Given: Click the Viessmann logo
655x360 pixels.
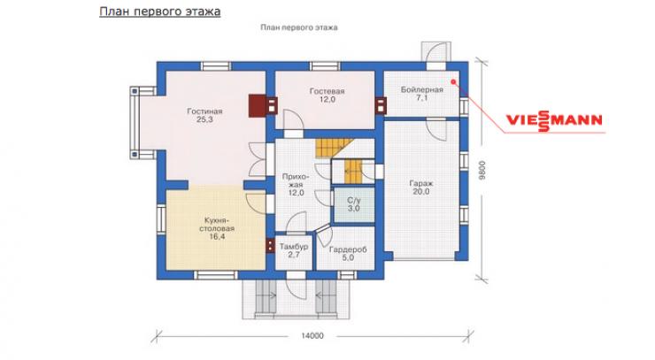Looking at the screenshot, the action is pos(554,120).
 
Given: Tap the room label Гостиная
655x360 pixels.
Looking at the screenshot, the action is pos(204,111).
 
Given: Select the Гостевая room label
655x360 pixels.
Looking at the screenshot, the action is pos(327,91).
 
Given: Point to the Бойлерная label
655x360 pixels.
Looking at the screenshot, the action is pos(422,90).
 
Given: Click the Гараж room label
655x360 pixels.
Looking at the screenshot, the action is pos(421,183).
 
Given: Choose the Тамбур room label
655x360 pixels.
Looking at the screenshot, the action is pos(294,247).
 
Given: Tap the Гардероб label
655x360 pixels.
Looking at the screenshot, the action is pos(348,249).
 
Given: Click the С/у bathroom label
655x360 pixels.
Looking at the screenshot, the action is pos(353,200).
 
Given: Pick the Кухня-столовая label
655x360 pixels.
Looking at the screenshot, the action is pos(216,225).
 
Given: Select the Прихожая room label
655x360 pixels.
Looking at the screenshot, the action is pos(296,180).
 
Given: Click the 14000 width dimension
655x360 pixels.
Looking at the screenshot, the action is pos(312,336).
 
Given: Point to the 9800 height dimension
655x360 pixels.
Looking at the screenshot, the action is pos(483,171).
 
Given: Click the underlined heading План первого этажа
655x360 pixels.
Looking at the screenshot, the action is pos(159,11).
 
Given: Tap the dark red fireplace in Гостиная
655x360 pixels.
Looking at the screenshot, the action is pos(257,105).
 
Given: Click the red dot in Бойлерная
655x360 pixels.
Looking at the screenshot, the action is pos(454,81).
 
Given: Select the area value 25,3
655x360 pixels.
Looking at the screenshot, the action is pos(204,119).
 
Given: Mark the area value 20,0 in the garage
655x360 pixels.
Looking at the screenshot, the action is pos(421,192).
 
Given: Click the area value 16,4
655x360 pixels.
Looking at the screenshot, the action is pos(216,237).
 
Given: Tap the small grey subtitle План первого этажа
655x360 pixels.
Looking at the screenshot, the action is pos(298,27).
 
